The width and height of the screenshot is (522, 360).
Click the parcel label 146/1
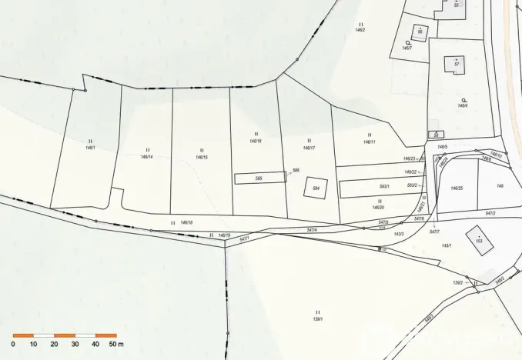coord(90,147)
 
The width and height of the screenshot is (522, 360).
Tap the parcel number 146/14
coord(146,157)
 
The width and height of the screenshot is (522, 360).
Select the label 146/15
coord(202,157)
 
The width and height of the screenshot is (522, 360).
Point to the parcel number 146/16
coord(256,142)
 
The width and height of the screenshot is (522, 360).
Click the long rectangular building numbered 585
coord(259,178)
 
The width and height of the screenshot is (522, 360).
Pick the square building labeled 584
coord(316,188)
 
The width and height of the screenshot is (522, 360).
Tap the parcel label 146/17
coord(310,148)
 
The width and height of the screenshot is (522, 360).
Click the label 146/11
coord(370,142)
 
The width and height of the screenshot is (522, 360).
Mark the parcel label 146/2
coord(360,30)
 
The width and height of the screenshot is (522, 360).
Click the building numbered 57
coord(457,65)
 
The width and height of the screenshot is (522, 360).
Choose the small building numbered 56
coord(420,32)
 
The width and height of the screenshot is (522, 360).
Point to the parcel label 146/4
coord(463,105)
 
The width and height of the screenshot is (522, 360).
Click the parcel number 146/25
coord(457,188)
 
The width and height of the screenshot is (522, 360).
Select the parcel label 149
coord(500,185)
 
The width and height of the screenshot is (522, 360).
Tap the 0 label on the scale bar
coord(13,345)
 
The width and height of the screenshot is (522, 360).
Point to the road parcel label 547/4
coord(312,230)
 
